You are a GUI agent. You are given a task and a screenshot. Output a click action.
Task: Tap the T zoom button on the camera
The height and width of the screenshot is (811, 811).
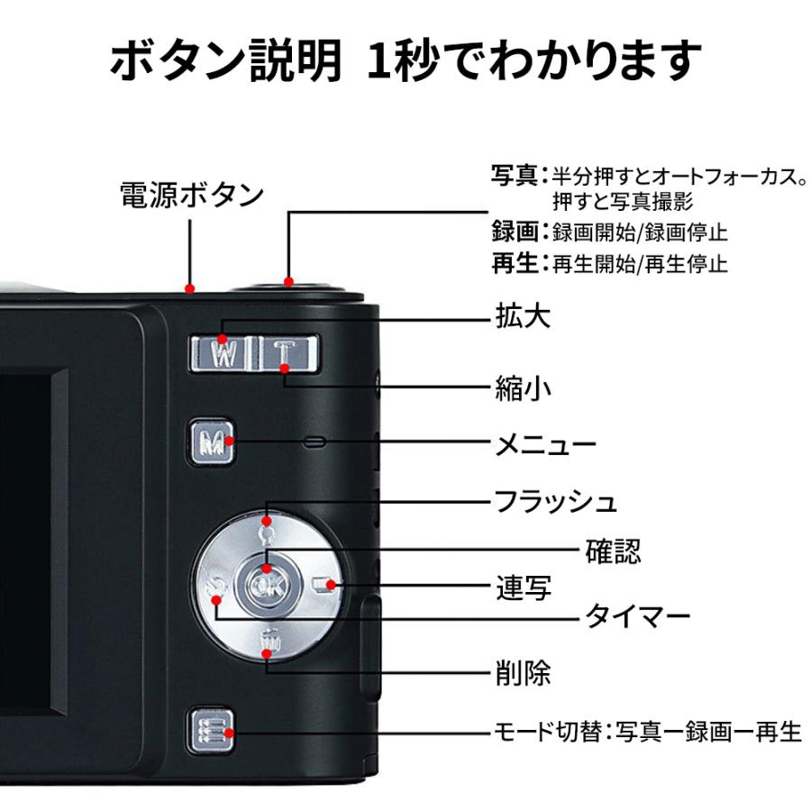coord(284,352)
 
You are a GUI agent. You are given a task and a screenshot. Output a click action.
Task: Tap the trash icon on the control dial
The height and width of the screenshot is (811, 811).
coord(269,643)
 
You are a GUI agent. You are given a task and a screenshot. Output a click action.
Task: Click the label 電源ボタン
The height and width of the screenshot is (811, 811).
coord(192,195)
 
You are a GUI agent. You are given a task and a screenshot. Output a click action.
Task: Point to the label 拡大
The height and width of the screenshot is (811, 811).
coord(523,316)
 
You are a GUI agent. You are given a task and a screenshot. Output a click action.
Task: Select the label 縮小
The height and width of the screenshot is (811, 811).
coord(523,387)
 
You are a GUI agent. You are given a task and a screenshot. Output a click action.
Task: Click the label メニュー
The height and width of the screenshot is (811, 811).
coord(546,444)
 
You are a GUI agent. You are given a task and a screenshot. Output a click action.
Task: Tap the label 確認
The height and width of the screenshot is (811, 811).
coord(614,550)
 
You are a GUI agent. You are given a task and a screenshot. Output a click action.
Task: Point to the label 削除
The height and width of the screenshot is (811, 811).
coord(523,672)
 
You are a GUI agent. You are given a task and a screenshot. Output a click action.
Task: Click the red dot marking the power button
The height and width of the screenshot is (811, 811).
coord(190,288)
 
